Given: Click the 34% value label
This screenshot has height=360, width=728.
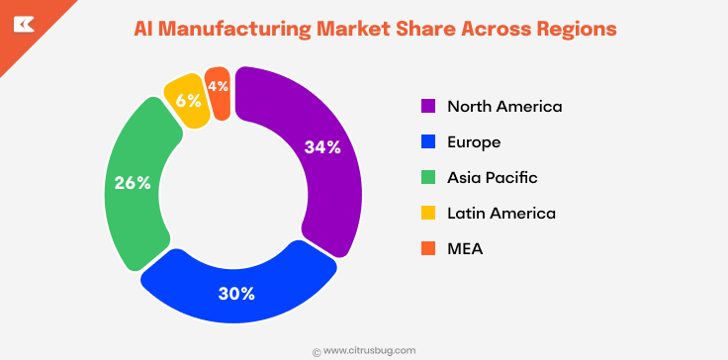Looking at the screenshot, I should (x=322, y=147).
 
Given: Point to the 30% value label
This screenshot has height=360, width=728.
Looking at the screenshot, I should (x=236, y=293).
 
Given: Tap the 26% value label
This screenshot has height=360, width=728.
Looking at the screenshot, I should (x=133, y=183).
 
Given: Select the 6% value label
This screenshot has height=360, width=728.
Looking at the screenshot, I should (x=188, y=100).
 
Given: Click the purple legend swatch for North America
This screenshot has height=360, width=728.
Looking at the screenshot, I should (x=428, y=106).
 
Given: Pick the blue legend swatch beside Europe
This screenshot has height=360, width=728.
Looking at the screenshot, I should (x=428, y=141).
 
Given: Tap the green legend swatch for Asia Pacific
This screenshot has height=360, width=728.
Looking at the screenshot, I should (x=428, y=177).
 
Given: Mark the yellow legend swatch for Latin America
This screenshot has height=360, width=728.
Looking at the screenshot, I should (x=428, y=213).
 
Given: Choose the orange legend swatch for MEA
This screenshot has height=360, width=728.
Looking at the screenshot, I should (x=428, y=248).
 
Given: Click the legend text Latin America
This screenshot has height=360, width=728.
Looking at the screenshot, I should (x=501, y=213).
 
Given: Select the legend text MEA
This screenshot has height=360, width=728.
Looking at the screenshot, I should (x=466, y=248).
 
